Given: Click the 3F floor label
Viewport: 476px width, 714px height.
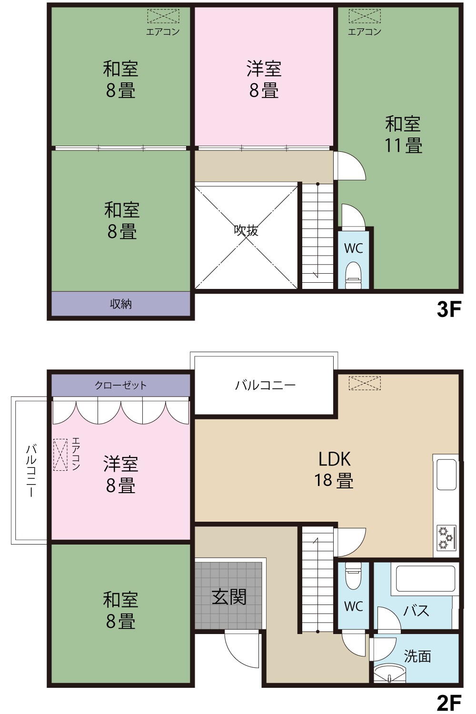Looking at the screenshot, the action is point(449,309).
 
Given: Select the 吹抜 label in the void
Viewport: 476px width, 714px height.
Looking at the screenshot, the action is point(246,230).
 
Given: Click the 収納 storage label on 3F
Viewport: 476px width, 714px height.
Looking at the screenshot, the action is point(121,304).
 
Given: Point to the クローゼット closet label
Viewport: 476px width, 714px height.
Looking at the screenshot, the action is point(120,386).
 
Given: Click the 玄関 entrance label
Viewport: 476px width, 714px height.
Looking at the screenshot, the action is point(229,597).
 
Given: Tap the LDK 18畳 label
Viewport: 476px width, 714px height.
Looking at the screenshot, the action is point(334,470).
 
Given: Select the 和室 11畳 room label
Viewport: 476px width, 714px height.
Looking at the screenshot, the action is point(403,135).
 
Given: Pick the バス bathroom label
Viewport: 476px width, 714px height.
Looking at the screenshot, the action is point(416,611).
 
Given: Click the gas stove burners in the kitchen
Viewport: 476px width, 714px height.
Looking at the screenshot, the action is point(446,538).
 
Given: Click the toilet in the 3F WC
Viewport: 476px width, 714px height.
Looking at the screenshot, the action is point(353,271).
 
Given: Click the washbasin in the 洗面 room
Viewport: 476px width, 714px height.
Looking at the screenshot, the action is point(389,673).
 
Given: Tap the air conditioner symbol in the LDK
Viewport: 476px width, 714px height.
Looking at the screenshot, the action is point(365,383).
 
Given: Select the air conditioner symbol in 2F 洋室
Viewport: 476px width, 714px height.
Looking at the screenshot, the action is point(60,455).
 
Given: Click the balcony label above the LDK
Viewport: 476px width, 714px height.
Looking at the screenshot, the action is point(265,386).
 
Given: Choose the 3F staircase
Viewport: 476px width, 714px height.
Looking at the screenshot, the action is point(317,236).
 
